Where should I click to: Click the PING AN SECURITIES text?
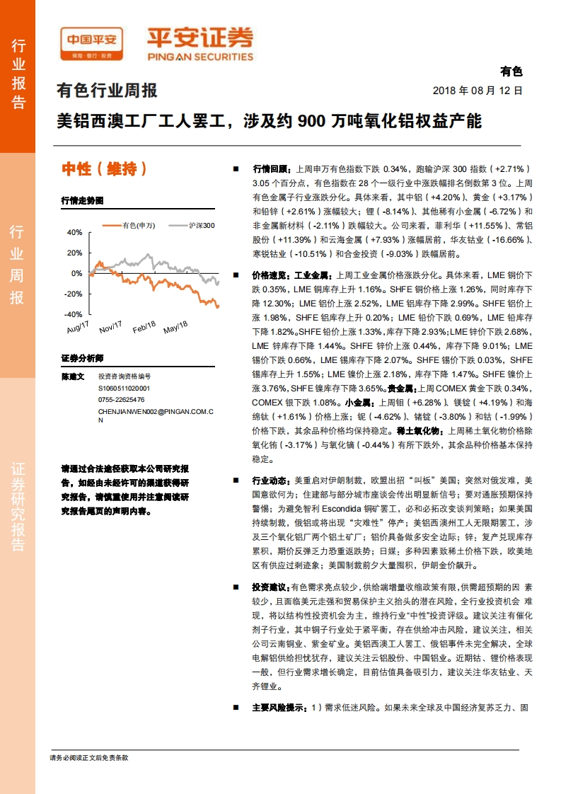[x=200, y=57]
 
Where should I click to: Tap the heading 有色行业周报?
[x=107, y=91]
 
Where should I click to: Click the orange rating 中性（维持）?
[x=104, y=169]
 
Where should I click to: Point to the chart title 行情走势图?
[x=82, y=200]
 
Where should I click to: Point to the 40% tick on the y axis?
[x=75, y=232]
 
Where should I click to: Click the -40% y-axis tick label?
[x=74, y=314]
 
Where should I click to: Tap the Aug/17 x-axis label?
[x=78, y=328]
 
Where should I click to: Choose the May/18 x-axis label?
[x=175, y=328]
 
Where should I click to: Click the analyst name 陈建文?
[x=73, y=377]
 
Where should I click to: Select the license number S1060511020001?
[x=124, y=389]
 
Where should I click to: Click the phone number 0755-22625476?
[x=121, y=399]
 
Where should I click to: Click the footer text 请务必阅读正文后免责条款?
[x=89, y=758]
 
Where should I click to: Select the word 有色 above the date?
[x=511, y=71]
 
